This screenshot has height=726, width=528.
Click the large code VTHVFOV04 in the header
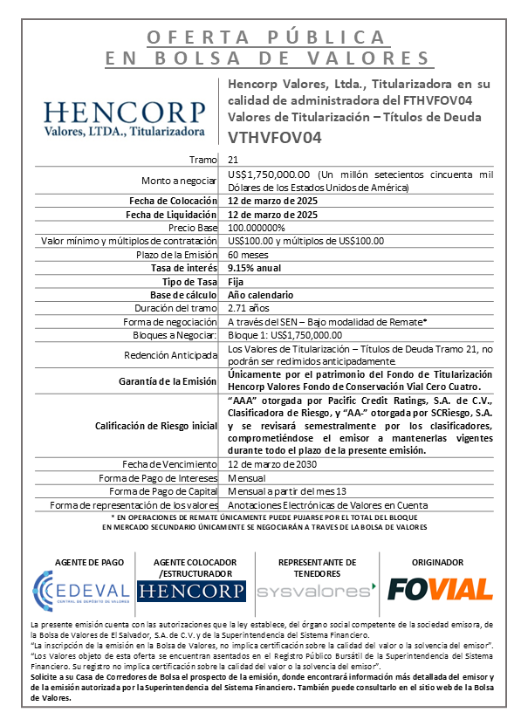[x=275, y=137]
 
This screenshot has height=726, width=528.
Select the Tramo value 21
[x=233, y=160]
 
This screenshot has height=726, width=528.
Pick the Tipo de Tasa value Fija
[x=236, y=281]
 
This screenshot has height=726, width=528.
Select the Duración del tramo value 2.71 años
[x=249, y=307]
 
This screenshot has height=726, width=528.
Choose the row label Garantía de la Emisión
[x=168, y=381]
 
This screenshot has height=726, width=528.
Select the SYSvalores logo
[x=317, y=590]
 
